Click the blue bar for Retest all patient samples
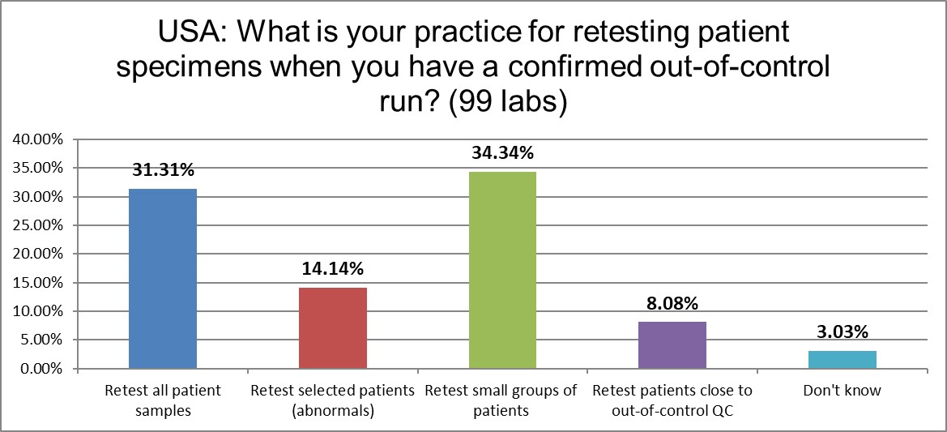click(163, 279)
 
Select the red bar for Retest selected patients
click(333, 328)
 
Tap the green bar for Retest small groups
click(502, 270)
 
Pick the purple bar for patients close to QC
click(672, 345)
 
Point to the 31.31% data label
click(163, 170)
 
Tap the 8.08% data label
click(672, 304)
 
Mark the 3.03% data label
click(842, 332)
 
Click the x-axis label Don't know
click(842, 391)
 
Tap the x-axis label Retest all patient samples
click(163, 400)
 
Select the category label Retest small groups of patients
click(502, 400)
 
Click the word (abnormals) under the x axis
click(333, 411)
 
